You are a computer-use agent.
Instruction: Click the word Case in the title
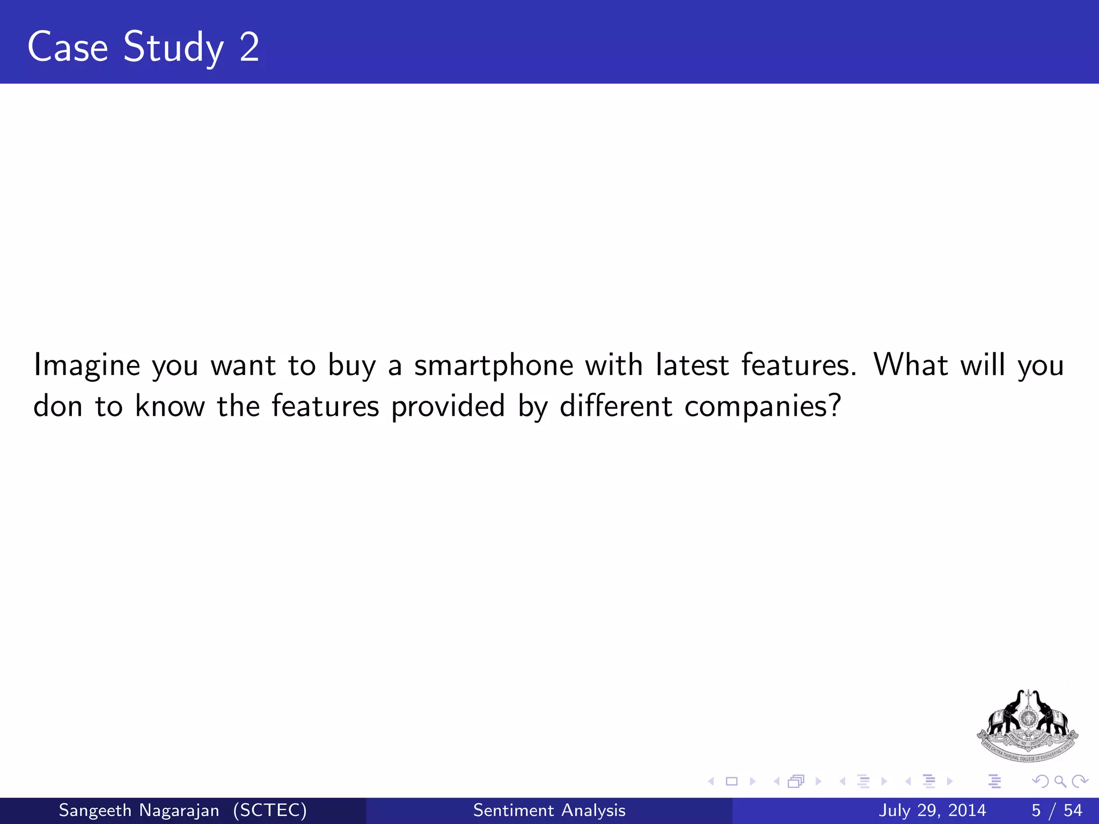tap(68, 47)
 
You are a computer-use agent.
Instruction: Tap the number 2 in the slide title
tap(250, 47)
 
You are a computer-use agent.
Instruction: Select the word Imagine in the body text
tap(87, 366)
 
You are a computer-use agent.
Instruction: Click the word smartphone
tap(494, 366)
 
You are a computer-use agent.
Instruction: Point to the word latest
tap(692, 365)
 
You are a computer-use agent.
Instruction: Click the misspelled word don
tap(57, 407)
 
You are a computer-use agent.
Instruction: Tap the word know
tap(170, 406)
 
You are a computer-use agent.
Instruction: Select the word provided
tap(448, 407)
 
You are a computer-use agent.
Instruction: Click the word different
tap(616, 406)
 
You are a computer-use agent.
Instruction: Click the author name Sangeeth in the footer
tap(94, 810)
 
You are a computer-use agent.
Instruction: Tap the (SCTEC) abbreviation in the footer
tap(270, 810)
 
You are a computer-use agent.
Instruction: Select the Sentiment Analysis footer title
tap(549, 810)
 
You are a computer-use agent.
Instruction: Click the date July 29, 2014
tap(932, 810)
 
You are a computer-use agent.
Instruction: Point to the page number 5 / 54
tap(1057, 810)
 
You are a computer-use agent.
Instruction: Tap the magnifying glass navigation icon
tap(1060, 782)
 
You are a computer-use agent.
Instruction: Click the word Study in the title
tap(173, 48)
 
